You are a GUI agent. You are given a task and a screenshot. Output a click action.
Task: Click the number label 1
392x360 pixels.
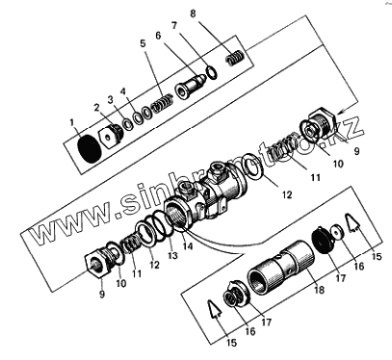(72, 122)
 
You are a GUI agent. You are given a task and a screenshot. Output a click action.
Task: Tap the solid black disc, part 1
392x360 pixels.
(90, 149)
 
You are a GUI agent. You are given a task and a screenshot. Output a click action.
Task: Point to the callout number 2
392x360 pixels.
(97, 108)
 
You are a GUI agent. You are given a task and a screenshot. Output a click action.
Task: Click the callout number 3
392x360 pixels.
(111, 100)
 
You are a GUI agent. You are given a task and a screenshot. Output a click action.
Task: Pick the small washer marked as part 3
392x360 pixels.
(128, 124)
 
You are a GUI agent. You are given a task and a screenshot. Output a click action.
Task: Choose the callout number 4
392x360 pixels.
(123, 91)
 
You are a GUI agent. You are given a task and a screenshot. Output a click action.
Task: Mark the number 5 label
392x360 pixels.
(143, 43)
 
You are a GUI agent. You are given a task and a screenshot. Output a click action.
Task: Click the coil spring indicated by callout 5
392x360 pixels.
(162, 103)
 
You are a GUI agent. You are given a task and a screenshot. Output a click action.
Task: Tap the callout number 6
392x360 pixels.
(158, 36)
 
